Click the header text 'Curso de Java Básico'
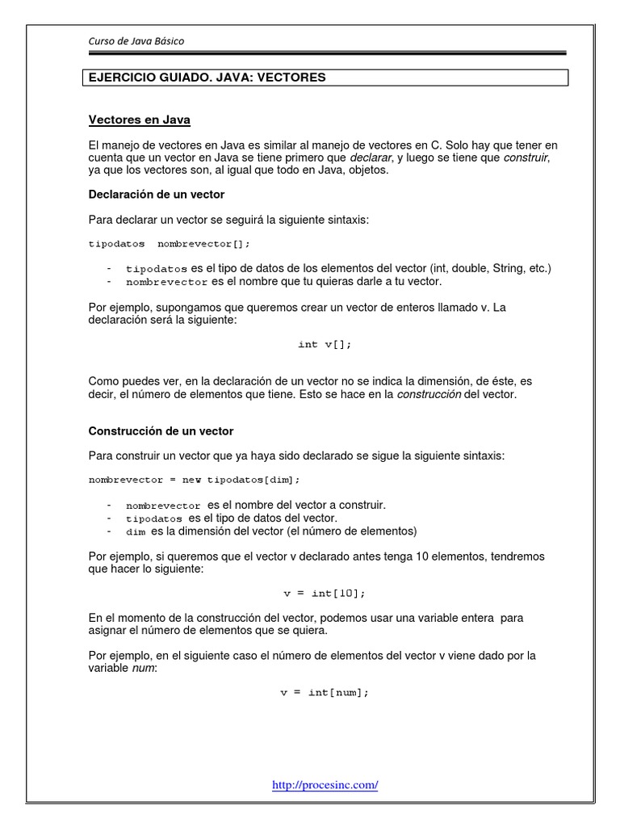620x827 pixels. click(x=141, y=40)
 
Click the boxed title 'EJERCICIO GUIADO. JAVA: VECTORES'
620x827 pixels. click(x=207, y=78)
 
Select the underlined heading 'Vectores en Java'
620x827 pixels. click(x=139, y=120)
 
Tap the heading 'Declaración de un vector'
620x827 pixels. click(x=157, y=195)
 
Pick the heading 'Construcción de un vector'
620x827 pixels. click(x=161, y=431)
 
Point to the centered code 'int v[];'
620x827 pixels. click(x=325, y=344)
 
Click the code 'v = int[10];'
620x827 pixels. click(x=325, y=593)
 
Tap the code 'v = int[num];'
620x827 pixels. click(x=325, y=693)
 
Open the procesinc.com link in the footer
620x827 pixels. click(x=325, y=784)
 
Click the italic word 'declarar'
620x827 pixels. click(x=370, y=157)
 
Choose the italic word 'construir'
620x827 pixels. click(x=526, y=157)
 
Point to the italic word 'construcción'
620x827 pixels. click(x=429, y=395)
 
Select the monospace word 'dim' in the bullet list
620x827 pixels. click(x=135, y=532)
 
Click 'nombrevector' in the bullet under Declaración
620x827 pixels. click(x=167, y=283)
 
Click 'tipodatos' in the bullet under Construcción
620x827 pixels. click(x=153, y=518)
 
